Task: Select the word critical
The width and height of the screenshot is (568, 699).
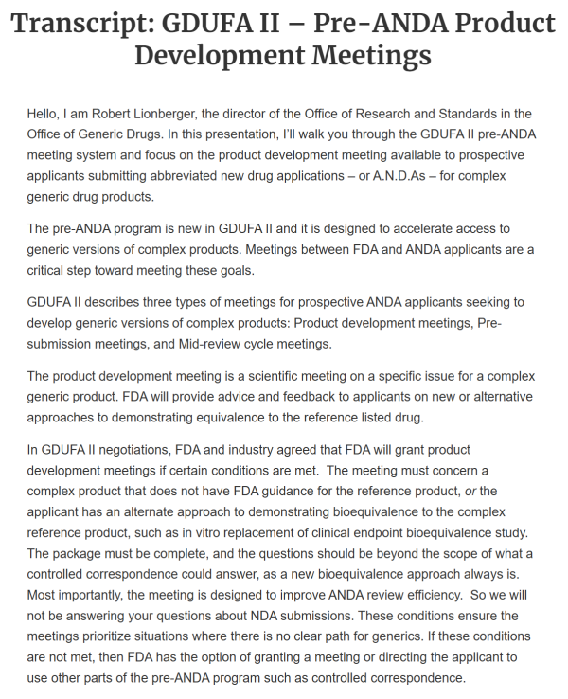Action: pyautogui.click(x=50, y=270)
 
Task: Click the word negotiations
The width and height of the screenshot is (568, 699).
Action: pyautogui.click(x=148, y=449)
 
